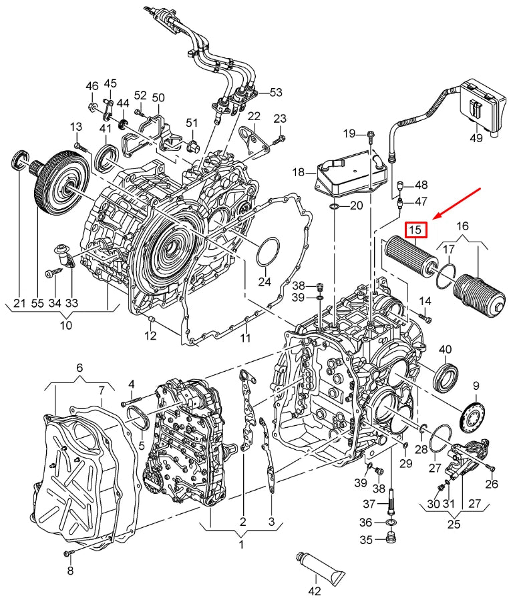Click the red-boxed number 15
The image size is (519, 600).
[x=415, y=230]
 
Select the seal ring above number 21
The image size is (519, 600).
[x=19, y=160]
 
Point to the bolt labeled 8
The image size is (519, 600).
[x=67, y=553]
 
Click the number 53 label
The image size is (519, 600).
[x=276, y=92]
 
